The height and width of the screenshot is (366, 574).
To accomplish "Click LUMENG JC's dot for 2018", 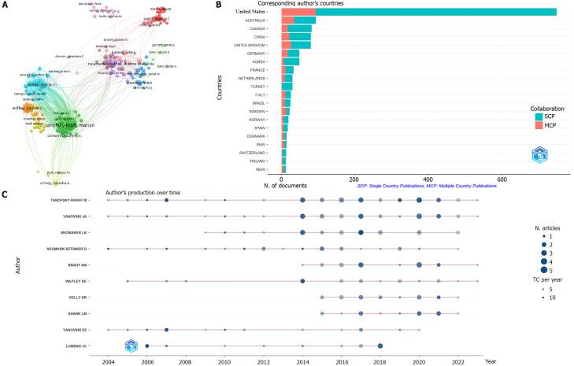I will click(380, 346).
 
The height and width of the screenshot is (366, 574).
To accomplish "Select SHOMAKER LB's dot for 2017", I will click(361, 233).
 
